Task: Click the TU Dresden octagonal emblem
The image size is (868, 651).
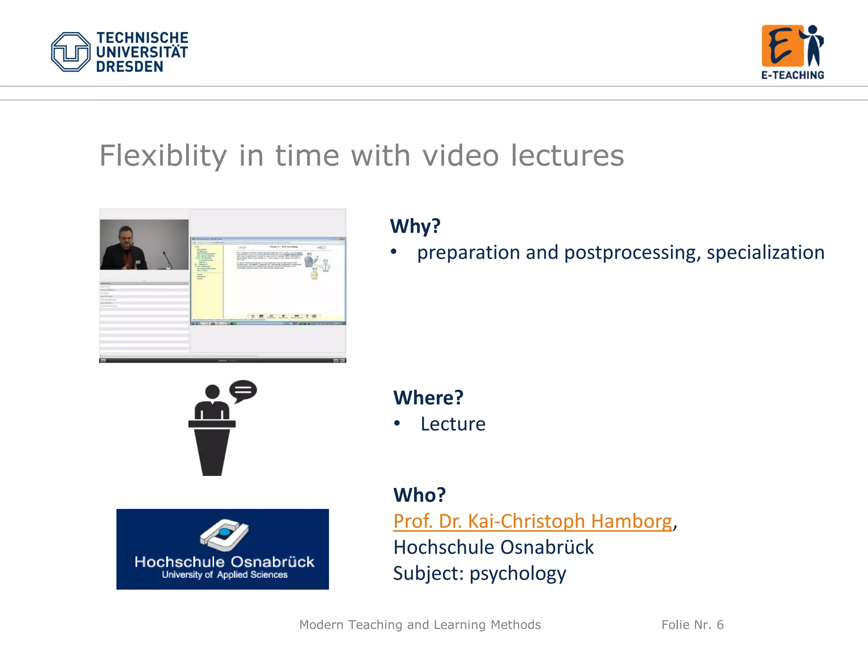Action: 70,52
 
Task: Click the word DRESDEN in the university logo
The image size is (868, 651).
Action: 129,67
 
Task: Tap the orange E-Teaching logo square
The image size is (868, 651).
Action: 782,46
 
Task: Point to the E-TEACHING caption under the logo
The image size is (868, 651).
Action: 793,75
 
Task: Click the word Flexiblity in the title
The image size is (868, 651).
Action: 163,156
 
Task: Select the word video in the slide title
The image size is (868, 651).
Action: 461,156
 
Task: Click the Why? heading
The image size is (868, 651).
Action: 415,226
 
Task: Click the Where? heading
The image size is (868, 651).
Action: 428,398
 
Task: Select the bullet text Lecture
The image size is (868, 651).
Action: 453,424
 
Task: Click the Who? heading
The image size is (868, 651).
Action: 419,495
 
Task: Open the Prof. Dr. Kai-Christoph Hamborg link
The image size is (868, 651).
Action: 532,521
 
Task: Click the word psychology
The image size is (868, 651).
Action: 517,573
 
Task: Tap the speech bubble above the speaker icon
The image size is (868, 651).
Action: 243,390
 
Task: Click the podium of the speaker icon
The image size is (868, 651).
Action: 212,449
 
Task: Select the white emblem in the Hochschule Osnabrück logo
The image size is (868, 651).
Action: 224,534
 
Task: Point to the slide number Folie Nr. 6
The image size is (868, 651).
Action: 693,625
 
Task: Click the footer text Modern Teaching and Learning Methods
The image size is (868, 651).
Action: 420,625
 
